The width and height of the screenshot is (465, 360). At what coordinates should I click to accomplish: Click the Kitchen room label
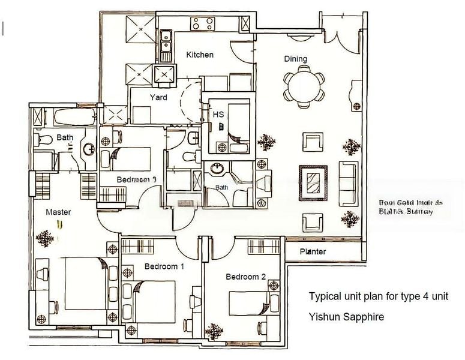click(200, 55)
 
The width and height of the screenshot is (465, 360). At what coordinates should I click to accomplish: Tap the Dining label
click(295, 59)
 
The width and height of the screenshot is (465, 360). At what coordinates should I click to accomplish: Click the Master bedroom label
click(59, 212)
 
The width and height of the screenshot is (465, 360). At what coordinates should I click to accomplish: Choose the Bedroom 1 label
click(164, 266)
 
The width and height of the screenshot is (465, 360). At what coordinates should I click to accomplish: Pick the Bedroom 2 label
click(245, 277)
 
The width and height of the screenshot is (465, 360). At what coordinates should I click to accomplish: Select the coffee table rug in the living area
click(313, 182)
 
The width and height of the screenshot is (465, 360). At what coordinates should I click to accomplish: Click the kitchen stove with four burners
click(202, 24)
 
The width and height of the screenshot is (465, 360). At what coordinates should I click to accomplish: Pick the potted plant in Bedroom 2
click(214, 331)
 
